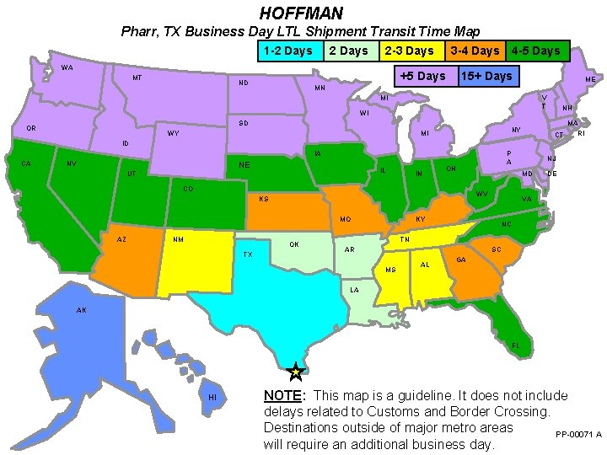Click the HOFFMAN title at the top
pos(301,13)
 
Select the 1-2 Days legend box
pos(287,51)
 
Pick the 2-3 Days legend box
pos(409,51)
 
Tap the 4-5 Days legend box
pos(535,51)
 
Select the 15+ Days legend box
pos(486,76)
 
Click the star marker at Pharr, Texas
pos(295,371)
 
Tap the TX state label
pos(248,254)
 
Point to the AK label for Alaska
pos(81,310)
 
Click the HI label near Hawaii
pos(212,397)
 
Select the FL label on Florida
pos(516,346)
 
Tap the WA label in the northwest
pos(66,67)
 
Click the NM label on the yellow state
pos(179,239)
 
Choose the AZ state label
pos(122,239)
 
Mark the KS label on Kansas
pos(264,200)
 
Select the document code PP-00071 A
pos(578,435)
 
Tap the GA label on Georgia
pos(461,260)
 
